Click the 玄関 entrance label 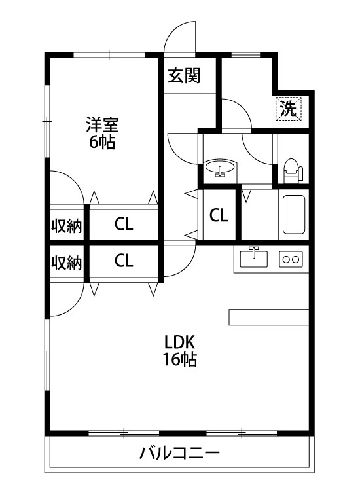point(184,75)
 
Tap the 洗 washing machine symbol point(288,109)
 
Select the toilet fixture point(293,171)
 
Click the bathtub point(294,215)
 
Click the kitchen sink point(253,259)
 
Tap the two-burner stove point(291,259)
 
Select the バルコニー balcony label point(179,453)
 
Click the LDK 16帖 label point(180,350)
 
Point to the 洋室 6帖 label point(102,133)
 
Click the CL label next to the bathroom point(219,215)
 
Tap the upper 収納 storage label point(67,225)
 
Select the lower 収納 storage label point(67,263)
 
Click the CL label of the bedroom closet point(124,224)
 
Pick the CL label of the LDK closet point(124,260)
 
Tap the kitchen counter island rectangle point(269,318)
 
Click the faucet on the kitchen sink point(254,252)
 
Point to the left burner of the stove point(285,259)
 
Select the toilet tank point(300,173)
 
